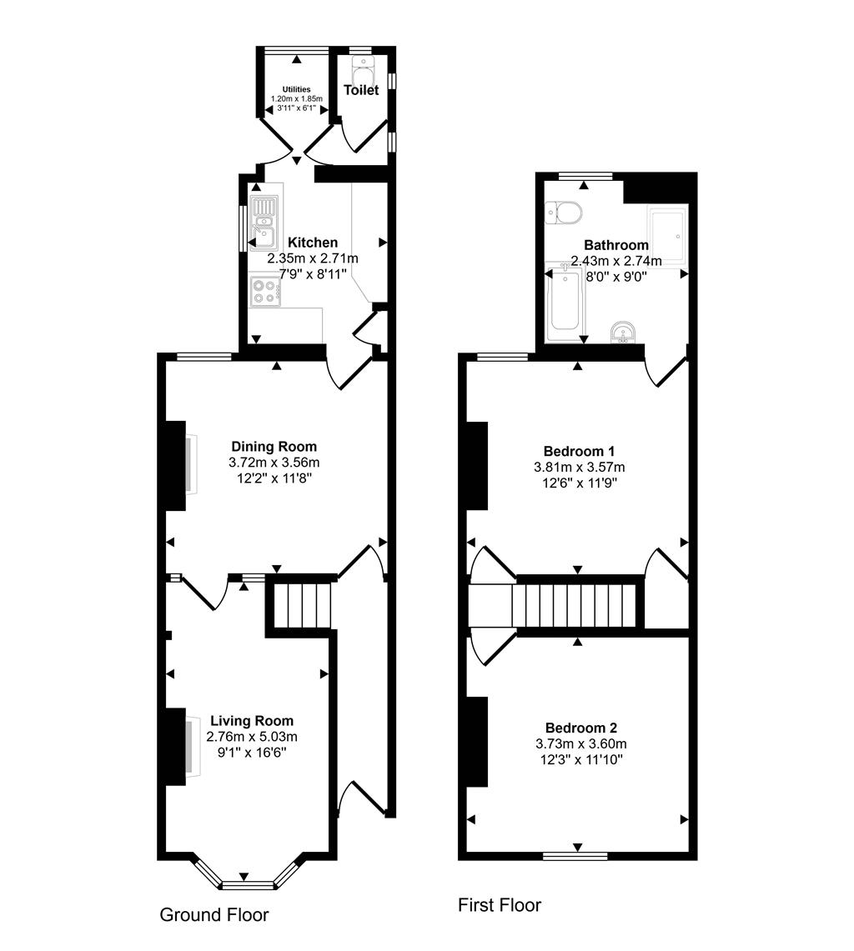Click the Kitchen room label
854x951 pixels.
click(x=313, y=243)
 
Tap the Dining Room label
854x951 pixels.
click(x=274, y=447)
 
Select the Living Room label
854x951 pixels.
click(x=252, y=721)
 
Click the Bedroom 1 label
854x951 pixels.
click(x=579, y=451)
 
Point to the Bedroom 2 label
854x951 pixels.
click(x=580, y=728)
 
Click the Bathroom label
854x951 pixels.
click(x=616, y=245)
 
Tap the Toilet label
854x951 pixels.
click(x=361, y=90)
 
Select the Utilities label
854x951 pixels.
click(x=296, y=89)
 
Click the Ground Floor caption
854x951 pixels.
click(x=214, y=914)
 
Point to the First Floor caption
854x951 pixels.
click(x=500, y=905)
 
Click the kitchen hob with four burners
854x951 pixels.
click(x=265, y=291)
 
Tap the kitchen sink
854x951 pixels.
click(x=264, y=223)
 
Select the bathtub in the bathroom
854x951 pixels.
click(x=565, y=305)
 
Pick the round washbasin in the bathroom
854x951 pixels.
click(x=623, y=333)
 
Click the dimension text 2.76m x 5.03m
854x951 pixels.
click(x=252, y=737)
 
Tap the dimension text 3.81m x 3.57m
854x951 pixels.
click(x=579, y=468)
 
